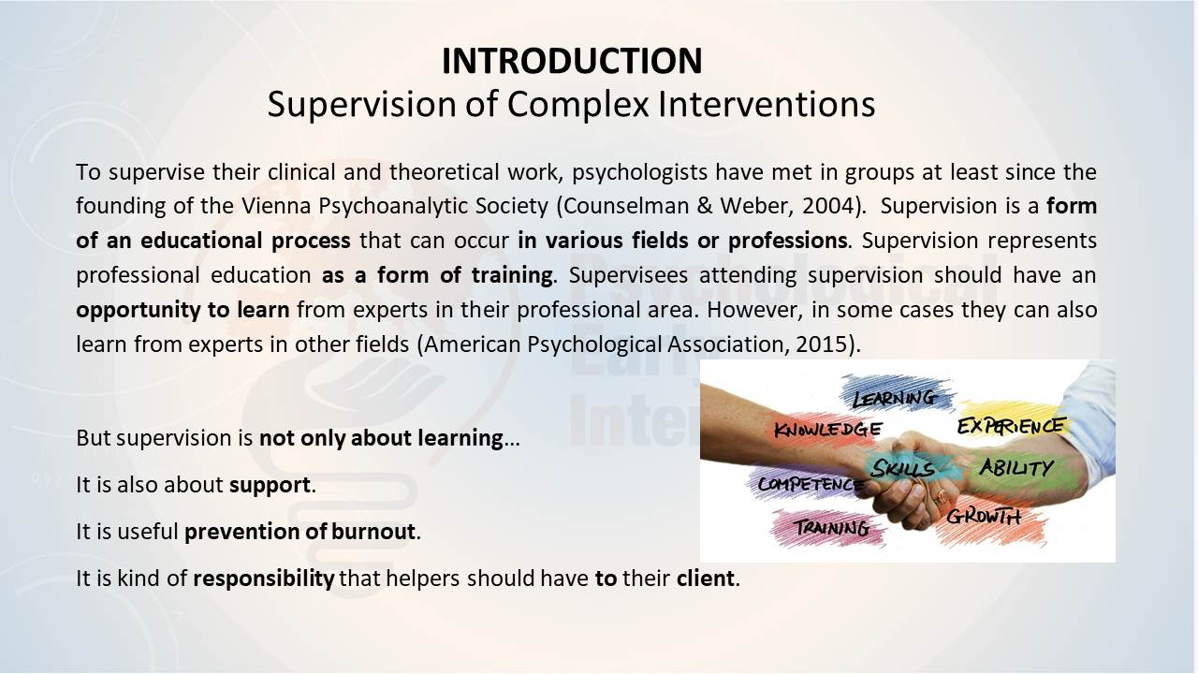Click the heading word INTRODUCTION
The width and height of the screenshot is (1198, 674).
[572, 61]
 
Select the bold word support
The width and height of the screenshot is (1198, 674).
[270, 486]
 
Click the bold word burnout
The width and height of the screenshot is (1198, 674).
[373, 532]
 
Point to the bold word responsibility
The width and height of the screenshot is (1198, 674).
[264, 579]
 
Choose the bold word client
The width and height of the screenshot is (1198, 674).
[706, 579]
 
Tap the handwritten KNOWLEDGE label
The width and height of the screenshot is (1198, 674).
[828, 429]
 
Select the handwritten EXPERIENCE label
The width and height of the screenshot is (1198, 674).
[1011, 426]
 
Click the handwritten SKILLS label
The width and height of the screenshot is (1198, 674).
[903, 469]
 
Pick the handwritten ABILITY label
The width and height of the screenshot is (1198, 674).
[1016, 468]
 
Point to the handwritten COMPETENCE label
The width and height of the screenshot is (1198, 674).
[811, 485]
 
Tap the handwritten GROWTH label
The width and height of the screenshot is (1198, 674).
[984, 517]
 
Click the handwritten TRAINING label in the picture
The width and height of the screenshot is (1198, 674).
[832, 528]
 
